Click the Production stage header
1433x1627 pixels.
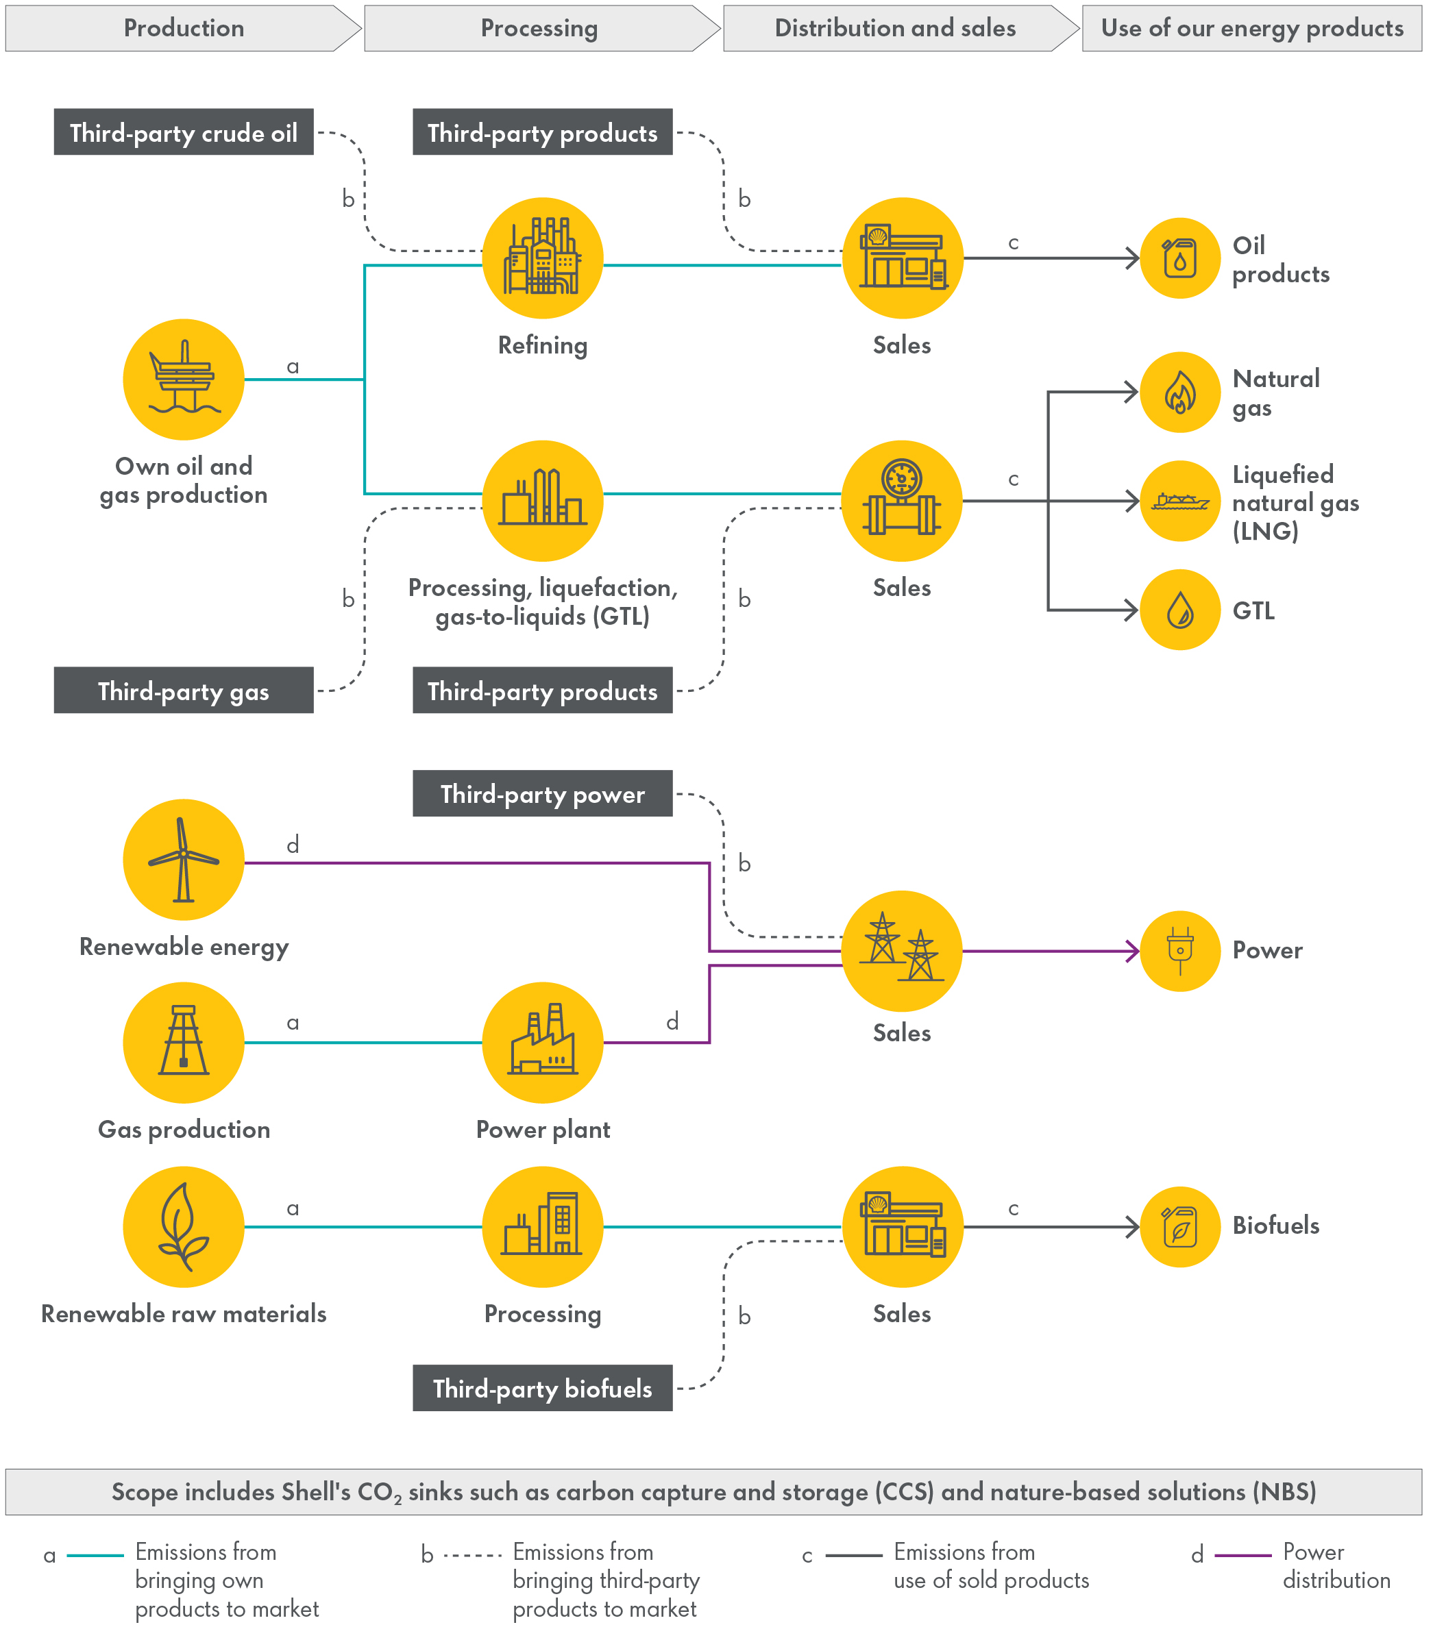(183, 29)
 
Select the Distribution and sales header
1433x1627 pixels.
(895, 29)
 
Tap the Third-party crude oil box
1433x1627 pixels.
(184, 132)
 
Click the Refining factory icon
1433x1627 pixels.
(543, 258)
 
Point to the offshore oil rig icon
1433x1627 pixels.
(184, 379)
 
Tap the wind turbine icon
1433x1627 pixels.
(184, 860)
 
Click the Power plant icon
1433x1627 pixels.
(543, 1042)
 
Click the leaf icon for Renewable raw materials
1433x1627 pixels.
(184, 1227)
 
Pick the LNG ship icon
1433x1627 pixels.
(1180, 501)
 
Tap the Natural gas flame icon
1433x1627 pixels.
(1180, 393)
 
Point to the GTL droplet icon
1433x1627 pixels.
(1180, 610)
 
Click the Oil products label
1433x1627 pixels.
(1280, 260)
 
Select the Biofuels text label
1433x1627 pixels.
(1275, 1225)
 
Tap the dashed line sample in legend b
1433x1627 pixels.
(472, 1554)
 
